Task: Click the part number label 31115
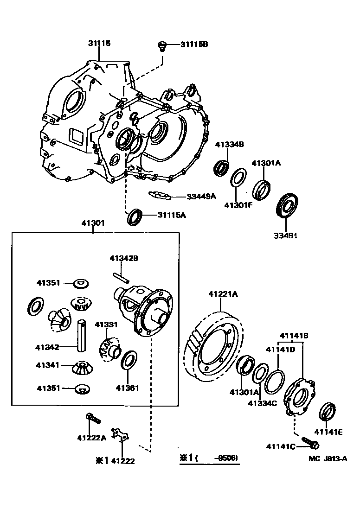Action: pyautogui.click(x=99, y=43)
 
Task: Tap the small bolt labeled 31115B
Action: pyautogui.click(x=161, y=45)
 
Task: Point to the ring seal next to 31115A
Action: pyautogui.click(x=135, y=216)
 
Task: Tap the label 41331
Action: pyautogui.click(x=107, y=324)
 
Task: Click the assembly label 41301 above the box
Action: pyautogui.click(x=93, y=223)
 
